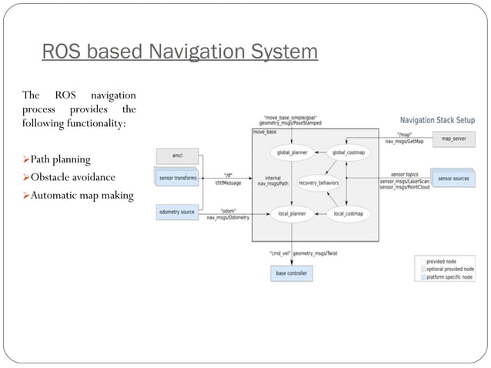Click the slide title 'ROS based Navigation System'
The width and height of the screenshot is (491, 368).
tap(179, 52)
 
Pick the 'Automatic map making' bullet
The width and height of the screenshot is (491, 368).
tap(78, 196)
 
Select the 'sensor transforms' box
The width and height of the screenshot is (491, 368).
tap(177, 179)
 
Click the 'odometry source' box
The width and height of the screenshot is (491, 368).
tap(177, 212)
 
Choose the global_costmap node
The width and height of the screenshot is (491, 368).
tap(349, 153)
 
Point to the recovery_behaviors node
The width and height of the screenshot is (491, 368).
tap(319, 182)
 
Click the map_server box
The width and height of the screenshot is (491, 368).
tap(453, 139)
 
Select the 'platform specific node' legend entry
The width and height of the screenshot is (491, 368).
tap(453, 277)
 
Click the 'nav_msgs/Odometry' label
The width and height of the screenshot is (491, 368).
tap(228, 218)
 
